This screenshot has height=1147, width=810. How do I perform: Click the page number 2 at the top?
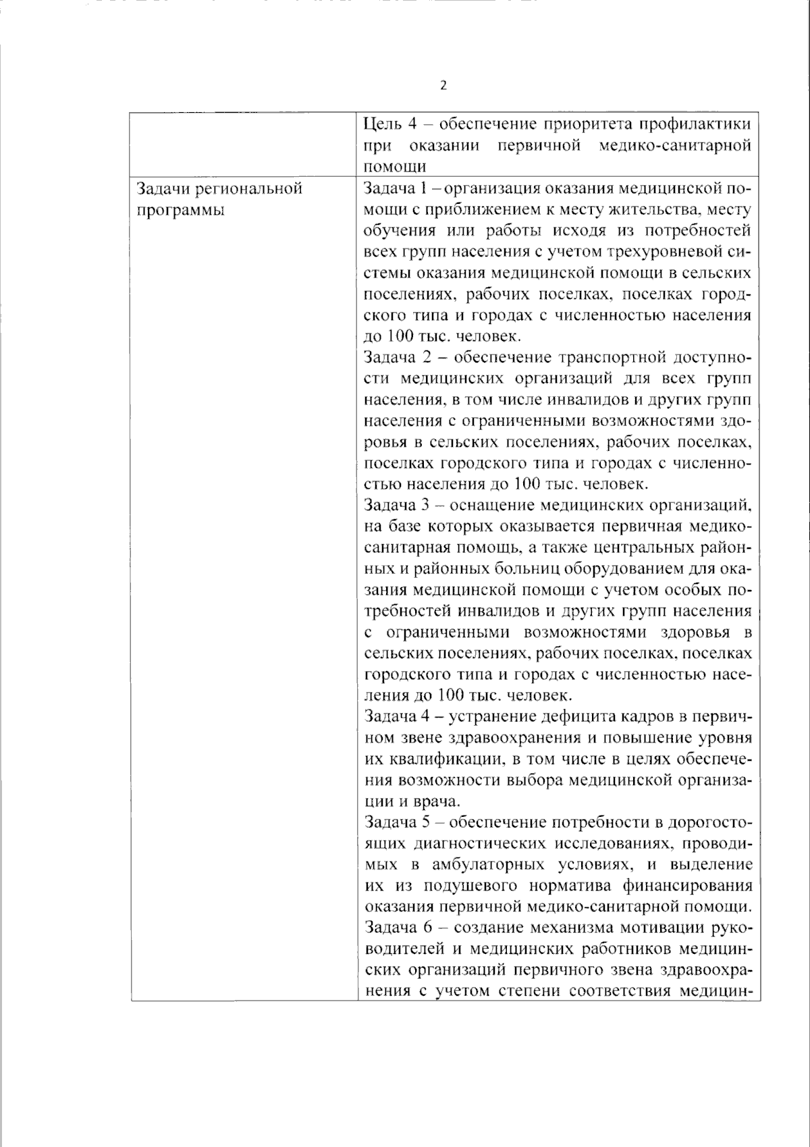443,86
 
